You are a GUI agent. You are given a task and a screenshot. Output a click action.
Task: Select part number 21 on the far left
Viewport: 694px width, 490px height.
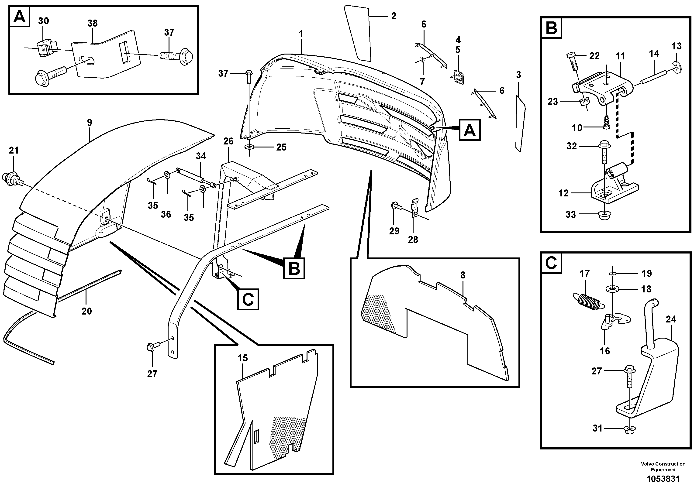pyautogui.click(x=14, y=150)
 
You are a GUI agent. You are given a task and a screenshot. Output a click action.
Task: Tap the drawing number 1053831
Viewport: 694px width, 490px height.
pyautogui.click(x=663, y=479)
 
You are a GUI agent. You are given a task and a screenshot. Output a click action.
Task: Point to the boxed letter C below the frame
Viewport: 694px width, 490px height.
pyautogui.click(x=248, y=299)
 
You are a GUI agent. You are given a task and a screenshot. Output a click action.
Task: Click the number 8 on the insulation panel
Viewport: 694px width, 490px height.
pyautogui.click(x=463, y=275)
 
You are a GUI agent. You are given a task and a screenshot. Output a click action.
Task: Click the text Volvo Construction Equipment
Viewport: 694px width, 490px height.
pyautogui.click(x=663, y=466)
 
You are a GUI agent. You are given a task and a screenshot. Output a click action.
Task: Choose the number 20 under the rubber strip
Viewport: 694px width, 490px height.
pyautogui.click(x=86, y=311)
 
